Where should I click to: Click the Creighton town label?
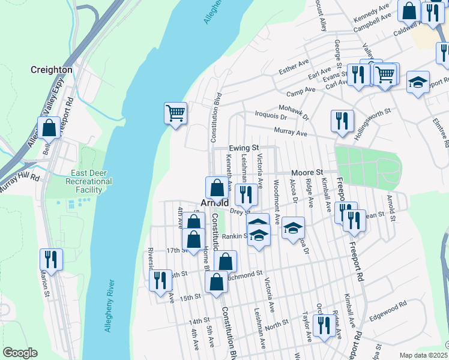(52, 70)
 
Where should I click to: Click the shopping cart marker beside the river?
(175, 112)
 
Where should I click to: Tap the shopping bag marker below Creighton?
(49, 128)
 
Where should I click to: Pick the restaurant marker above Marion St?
(51, 259)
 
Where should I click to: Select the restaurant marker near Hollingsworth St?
(342, 121)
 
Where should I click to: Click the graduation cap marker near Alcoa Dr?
(293, 228)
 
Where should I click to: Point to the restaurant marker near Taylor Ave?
(323, 325)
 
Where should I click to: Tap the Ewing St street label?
(244, 148)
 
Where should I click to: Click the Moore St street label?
(307, 172)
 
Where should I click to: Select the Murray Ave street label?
(291, 131)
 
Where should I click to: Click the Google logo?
(20, 353)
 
